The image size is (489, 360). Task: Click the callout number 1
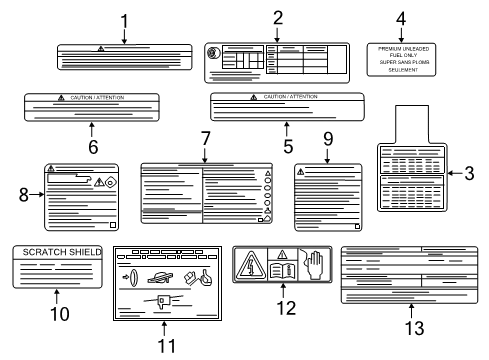(124, 19)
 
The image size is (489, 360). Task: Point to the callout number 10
(56, 313)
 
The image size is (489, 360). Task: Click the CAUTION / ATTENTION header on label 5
(290, 96)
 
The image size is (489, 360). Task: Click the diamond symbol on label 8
(111, 183)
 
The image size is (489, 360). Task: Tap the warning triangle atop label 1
(101, 48)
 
